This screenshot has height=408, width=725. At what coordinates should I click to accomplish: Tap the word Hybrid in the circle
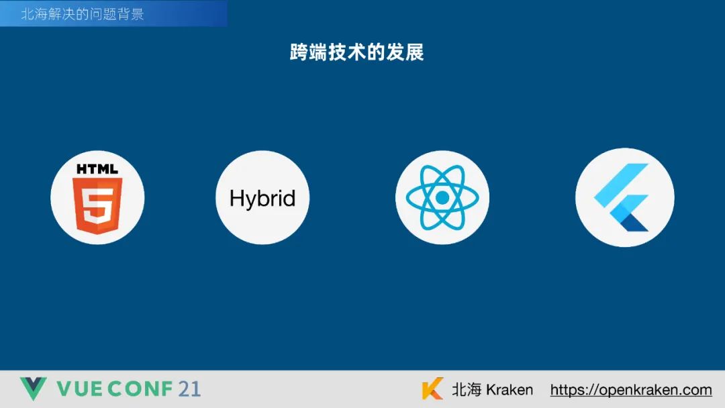tap(262, 199)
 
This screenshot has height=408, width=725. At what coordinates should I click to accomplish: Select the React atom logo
tap(442, 197)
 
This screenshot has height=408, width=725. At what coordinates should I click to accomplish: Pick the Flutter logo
tap(622, 197)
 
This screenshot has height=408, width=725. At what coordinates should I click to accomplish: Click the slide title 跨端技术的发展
tap(356, 52)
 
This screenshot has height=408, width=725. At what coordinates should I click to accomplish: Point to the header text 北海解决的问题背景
tap(83, 14)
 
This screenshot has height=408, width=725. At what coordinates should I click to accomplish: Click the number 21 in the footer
tap(189, 389)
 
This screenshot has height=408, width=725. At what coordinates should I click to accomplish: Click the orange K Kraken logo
tap(432, 388)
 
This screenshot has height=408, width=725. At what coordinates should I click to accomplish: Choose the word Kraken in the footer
tap(510, 389)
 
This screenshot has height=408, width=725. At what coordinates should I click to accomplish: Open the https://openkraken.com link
tap(631, 390)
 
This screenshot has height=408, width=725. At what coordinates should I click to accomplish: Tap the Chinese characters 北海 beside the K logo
tap(467, 389)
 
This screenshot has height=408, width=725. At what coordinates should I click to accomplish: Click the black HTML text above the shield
tap(97, 169)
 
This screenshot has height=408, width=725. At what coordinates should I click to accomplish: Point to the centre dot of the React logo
tap(442, 197)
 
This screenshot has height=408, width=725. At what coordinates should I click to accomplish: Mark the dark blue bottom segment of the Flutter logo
tap(634, 224)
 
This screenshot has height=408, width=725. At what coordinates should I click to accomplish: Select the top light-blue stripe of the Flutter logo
tap(621, 185)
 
